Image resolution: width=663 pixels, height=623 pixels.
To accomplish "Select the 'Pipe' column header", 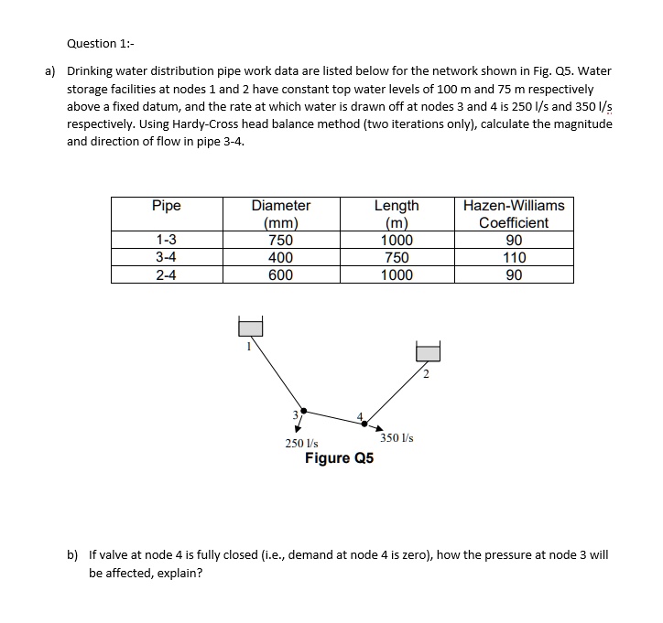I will point(166,206).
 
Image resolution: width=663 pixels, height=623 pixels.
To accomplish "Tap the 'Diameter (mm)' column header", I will point(280,214).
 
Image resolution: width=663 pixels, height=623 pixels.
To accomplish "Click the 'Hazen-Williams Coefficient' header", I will point(514,214).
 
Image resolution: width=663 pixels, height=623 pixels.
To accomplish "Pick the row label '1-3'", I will point(166,241).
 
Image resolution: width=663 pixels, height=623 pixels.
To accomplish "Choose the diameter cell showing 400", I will point(280,258).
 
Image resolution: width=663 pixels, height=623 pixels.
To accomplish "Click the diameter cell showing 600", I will point(280,274).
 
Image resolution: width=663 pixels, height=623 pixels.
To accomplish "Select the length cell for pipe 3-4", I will point(397,258).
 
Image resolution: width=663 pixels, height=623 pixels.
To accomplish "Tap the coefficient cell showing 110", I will point(514,258).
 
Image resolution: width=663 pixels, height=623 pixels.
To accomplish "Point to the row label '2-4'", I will point(166,274).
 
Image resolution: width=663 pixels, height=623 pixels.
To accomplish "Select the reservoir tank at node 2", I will point(428,352).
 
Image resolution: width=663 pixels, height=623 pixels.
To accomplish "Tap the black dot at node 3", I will point(304,411).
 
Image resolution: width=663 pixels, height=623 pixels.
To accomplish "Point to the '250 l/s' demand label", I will point(301,443).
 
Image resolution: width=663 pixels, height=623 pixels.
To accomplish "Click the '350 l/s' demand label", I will point(397,438).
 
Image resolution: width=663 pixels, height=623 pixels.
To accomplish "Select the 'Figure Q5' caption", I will point(339,457).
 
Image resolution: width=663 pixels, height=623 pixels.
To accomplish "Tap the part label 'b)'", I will point(72,555).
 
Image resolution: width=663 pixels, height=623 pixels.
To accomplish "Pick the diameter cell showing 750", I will point(280,241).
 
